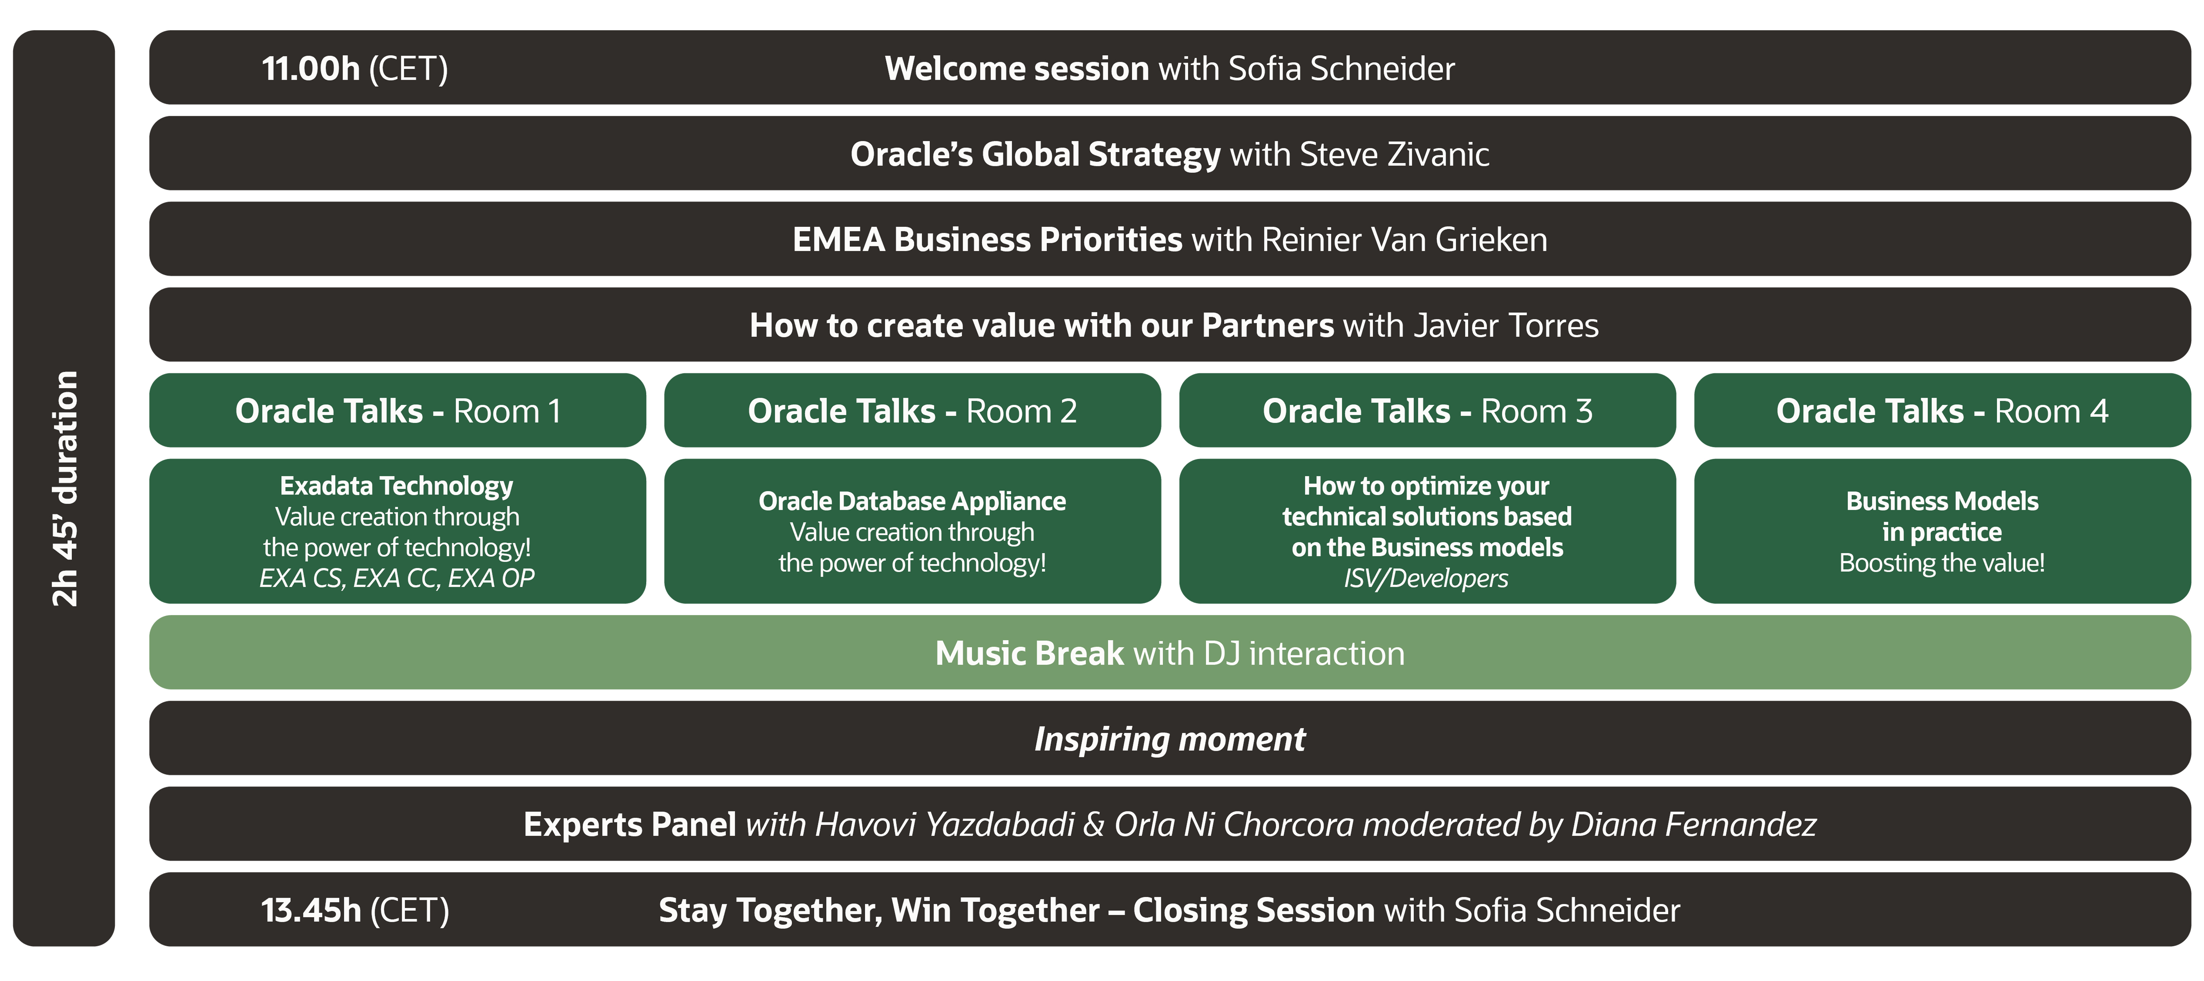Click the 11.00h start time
(x=311, y=68)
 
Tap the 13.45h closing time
(x=311, y=910)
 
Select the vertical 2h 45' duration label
(x=65, y=488)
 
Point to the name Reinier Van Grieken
(x=1404, y=240)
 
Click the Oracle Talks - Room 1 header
(x=398, y=410)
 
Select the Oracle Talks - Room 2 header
(x=912, y=410)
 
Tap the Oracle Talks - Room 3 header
(x=1427, y=410)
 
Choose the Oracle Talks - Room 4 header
(x=1942, y=410)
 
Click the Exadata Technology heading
(x=396, y=486)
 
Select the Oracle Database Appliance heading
(x=912, y=501)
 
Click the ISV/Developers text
(x=1426, y=578)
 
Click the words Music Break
(x=1029, y=654)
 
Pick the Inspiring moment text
(x=1169, y=739)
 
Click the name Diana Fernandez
(x=1693, y=824)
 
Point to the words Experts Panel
(x=630, y=824)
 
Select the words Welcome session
(x=1017, y=68)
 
